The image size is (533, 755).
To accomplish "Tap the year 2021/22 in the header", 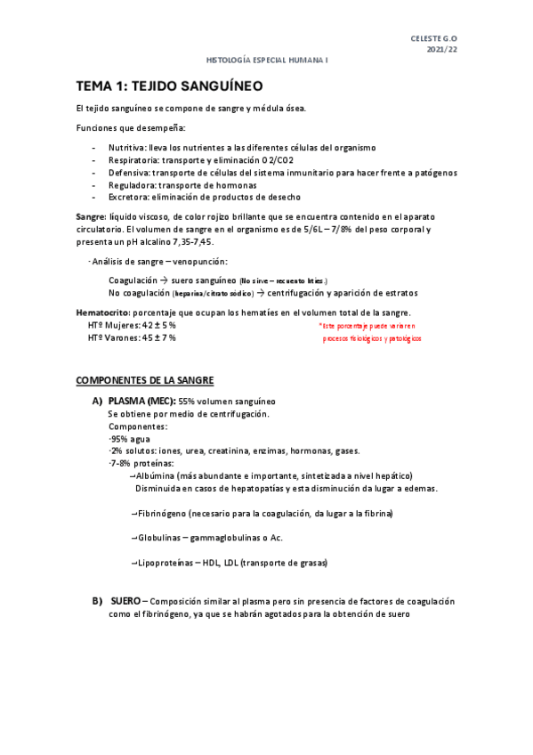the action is pyautogui.click(x=442, y=50).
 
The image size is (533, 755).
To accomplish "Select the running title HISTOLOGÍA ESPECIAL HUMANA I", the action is pyautogui.click(x=266, y=61).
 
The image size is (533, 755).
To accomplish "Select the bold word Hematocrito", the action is pyautogui.click(x=102, y=313).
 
